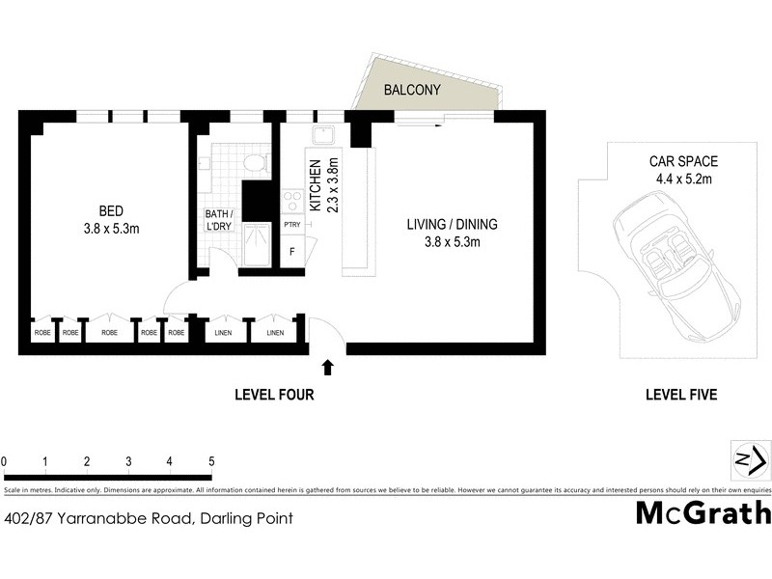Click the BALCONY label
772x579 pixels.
click(x=412, y=91)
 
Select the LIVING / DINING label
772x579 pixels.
click(x=452, y=225)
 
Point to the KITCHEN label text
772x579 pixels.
click(x=315, y=184)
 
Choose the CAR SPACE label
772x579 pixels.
click(x=683, y=161)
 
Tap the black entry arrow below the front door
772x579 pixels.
click(x=328, y=367)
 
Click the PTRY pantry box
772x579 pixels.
click(x=291, y=225)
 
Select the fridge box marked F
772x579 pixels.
click(x=291, y=252)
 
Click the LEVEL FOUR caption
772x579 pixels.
click(x=275, y=395)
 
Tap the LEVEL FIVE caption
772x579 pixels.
click(x=681, y=395)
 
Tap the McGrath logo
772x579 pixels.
click(x=703, y=512)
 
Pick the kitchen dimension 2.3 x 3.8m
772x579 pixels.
click(x=333, y=184)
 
